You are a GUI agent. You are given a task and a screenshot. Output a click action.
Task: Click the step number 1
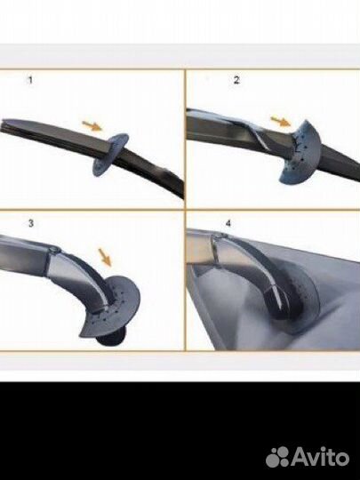pyautogui.click(x=30, y=81)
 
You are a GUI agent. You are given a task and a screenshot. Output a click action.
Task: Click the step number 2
pyautogui.click(x=236, y=80)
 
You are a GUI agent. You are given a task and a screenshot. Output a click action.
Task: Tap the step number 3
pyautogui.click(x=31, y=223)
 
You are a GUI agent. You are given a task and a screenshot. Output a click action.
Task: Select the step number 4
pyautogui.click(x=228, y=223)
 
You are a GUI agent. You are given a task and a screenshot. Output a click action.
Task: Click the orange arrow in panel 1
pyautogui.click(x=92, y=125)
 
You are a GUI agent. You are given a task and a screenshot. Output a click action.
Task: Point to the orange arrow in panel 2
pyautogui.click(x=281, y=121)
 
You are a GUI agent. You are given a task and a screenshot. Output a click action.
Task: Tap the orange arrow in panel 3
pyautogui.click(x=105, y=257)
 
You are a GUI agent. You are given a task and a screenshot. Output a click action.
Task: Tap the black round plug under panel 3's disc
pyautogui.click(x=111, y=338)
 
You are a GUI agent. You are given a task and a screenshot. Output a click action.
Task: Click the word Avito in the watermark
pyautogui.click(x=320, y=456)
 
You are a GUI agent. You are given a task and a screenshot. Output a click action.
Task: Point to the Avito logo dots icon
pyautogui.click(x=277, y=457)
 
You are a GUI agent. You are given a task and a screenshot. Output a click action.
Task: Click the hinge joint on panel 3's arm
pyautogui.click(x=54, y=251)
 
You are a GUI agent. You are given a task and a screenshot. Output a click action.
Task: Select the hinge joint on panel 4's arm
pyautogui.click(x=219, y=236)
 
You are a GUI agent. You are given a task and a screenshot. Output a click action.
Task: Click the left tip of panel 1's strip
pyautogui.click(x=2, y=125)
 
